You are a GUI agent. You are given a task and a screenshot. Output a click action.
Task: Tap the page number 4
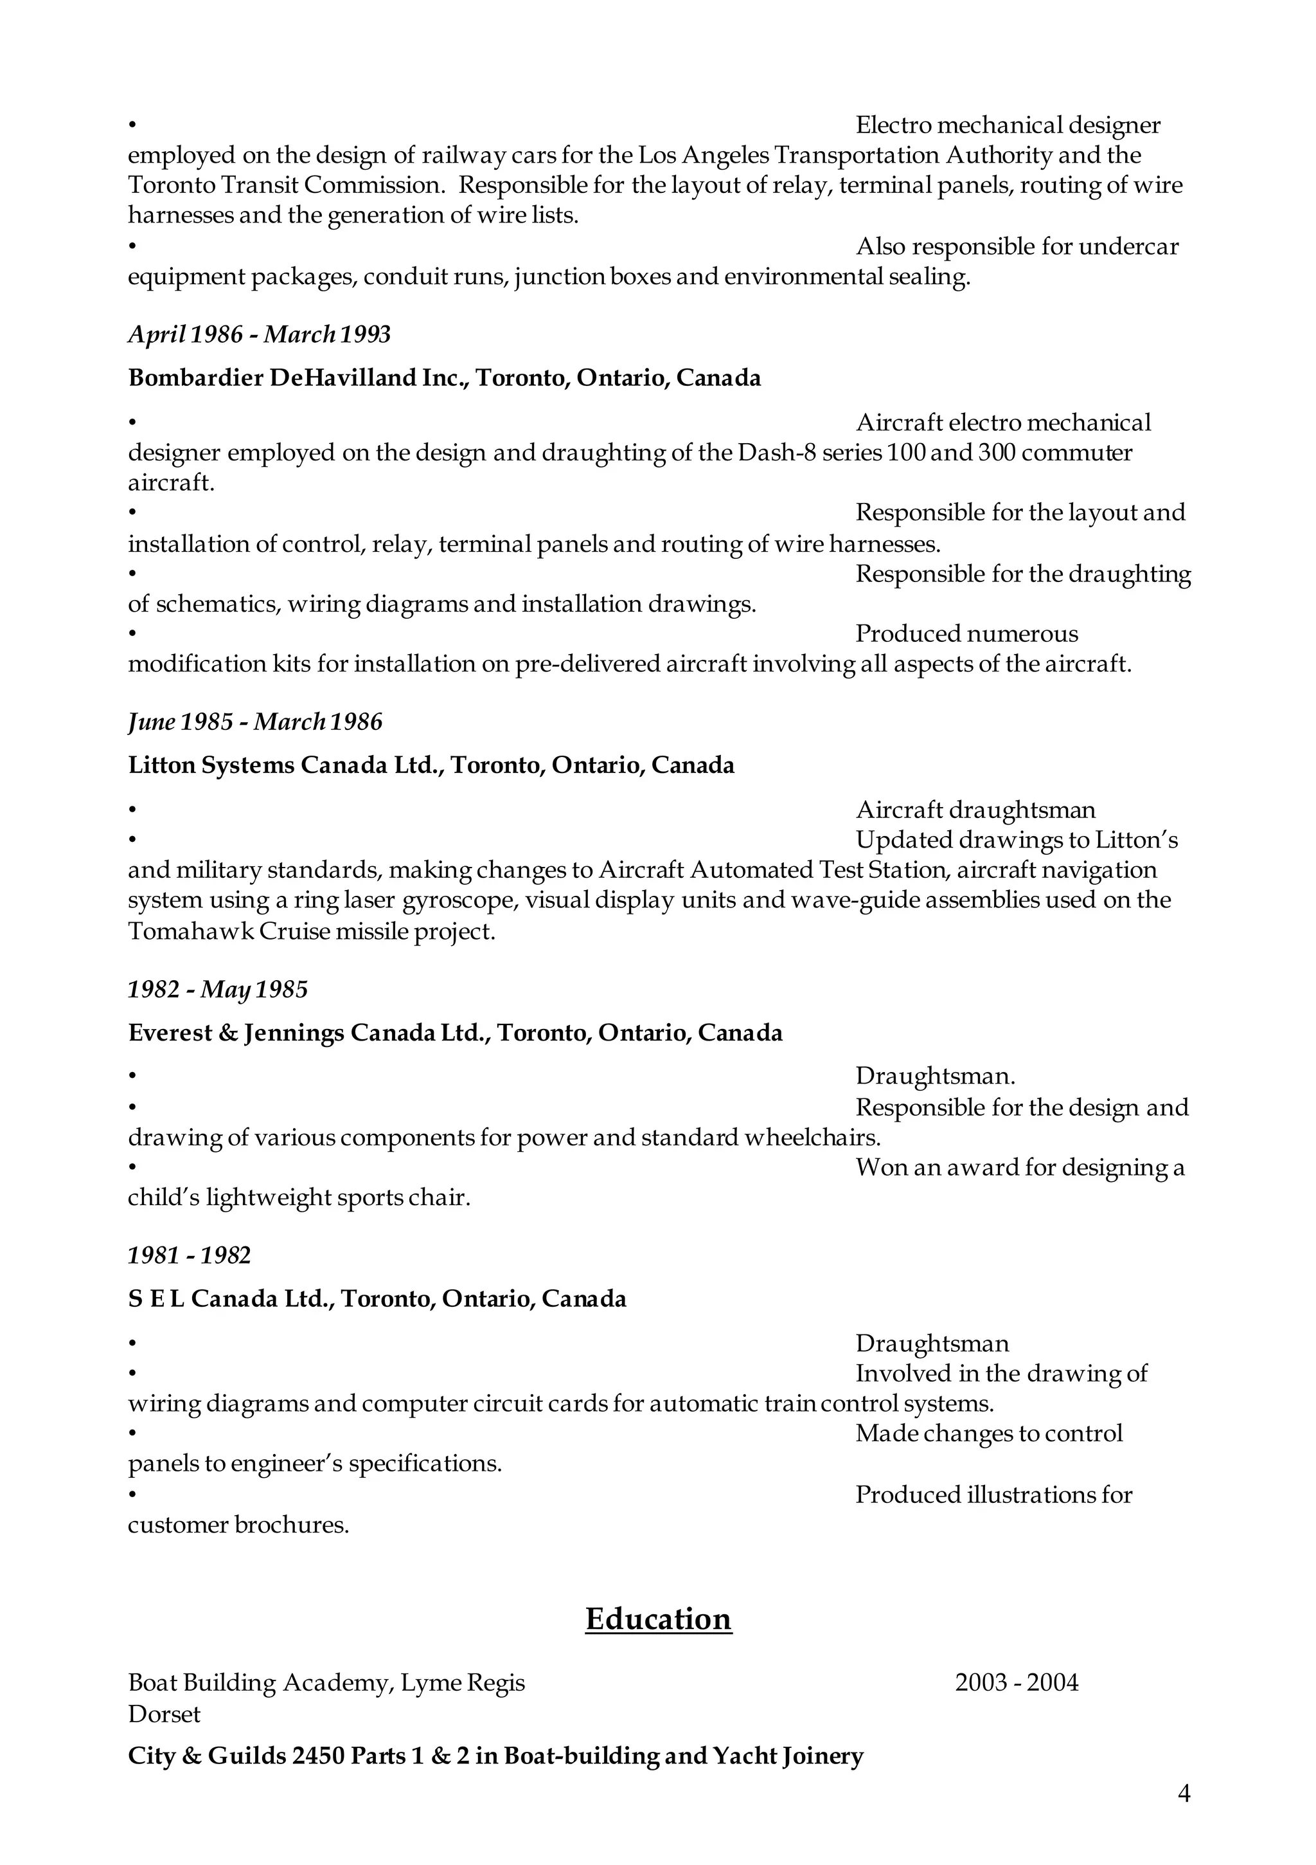click(x=1184, y=1815)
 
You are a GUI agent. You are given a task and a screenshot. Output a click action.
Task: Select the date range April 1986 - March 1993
click(x=259, y=334)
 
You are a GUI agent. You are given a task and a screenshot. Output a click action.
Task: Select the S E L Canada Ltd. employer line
click(x=377, y=1299)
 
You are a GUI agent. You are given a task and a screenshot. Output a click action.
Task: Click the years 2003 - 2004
click(x=1017, y=1682)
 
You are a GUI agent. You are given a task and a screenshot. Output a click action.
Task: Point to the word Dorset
click(x=164, y=1714)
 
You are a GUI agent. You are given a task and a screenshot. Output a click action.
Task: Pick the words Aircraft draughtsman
click(x=975, y=810)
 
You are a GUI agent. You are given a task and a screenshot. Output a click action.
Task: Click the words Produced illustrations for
click(x=993, y=1495)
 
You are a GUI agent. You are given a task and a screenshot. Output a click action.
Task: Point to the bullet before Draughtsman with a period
click(x=132, y=1077)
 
